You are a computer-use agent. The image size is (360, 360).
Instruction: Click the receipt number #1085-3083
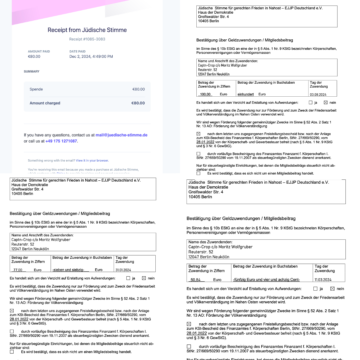click(87, 39)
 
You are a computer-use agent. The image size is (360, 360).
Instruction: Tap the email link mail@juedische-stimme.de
click(121, 135)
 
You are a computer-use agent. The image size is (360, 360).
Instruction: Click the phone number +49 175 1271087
click(61, 141)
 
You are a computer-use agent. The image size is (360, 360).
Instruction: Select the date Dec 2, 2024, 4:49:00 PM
click(91, 56)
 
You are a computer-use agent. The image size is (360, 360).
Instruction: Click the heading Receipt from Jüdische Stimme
click(87, 30)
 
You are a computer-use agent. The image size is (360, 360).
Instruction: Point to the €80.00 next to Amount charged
click(138, 103)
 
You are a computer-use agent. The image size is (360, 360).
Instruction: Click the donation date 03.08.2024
click(318, 94)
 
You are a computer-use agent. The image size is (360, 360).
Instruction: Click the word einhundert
click(246, 94)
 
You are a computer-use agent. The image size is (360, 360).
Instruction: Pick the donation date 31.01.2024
click(123, 270)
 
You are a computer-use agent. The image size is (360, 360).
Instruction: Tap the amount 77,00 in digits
click(18, 270)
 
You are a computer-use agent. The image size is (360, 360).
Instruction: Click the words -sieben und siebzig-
click(68, 270)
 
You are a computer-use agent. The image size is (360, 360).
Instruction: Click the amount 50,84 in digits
click(195, 280)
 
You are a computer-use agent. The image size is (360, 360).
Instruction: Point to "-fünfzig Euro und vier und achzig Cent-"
click(266, 280)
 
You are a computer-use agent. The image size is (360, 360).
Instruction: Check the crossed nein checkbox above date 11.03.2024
click(332, 289)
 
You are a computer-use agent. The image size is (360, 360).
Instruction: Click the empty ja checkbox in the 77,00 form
click(128, 278)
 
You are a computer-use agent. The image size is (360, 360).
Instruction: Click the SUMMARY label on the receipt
click(32, 71)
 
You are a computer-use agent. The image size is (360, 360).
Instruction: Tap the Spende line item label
click(36, 89)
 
